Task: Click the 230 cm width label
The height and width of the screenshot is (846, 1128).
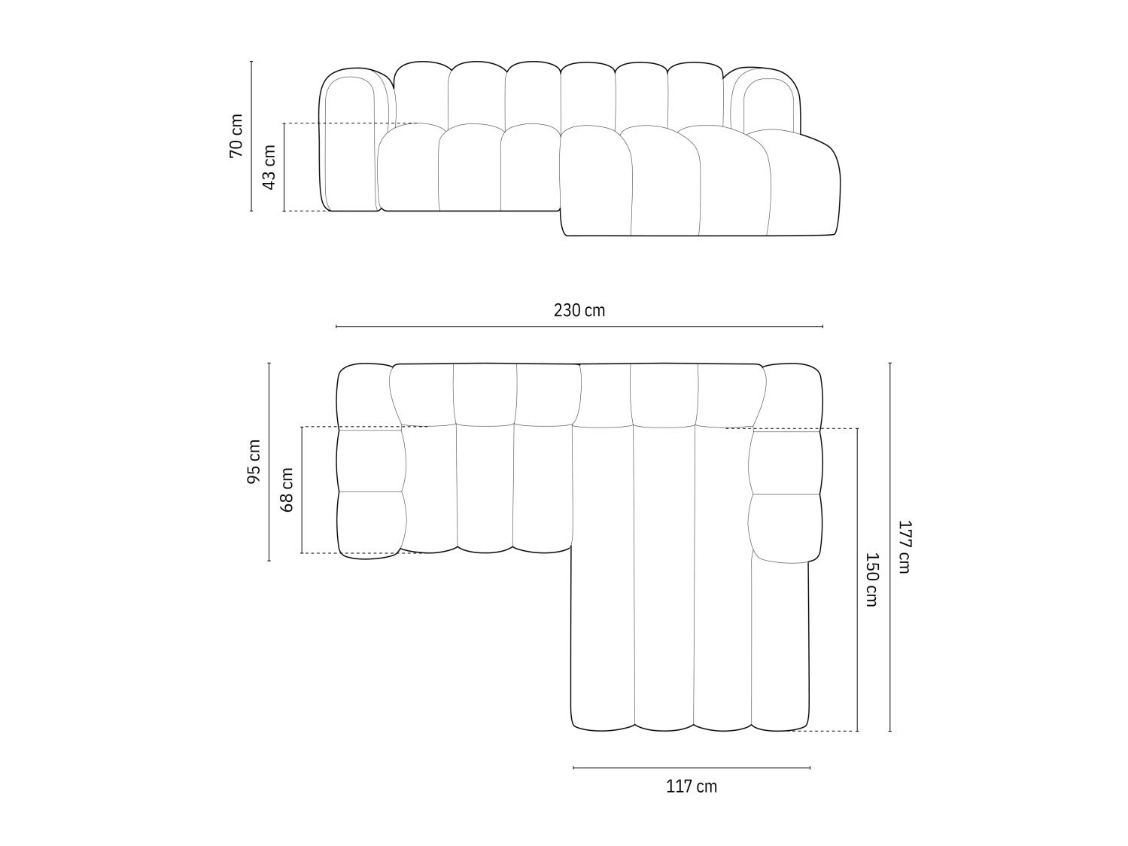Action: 579,310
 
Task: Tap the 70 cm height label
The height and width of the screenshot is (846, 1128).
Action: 236,136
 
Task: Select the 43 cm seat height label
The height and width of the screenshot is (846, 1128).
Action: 269,167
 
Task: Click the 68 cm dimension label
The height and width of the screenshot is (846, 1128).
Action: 287,490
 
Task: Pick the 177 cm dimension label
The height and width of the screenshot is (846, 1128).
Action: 904,546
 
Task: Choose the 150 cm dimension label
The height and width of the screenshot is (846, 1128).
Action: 871,580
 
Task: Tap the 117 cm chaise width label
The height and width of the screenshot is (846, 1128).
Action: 692,787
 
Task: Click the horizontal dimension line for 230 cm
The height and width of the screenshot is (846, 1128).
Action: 579,327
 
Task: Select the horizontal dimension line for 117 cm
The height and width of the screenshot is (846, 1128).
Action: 692,768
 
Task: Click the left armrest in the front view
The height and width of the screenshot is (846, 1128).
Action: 349,143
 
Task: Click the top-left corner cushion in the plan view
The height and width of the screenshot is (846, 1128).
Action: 364,396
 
